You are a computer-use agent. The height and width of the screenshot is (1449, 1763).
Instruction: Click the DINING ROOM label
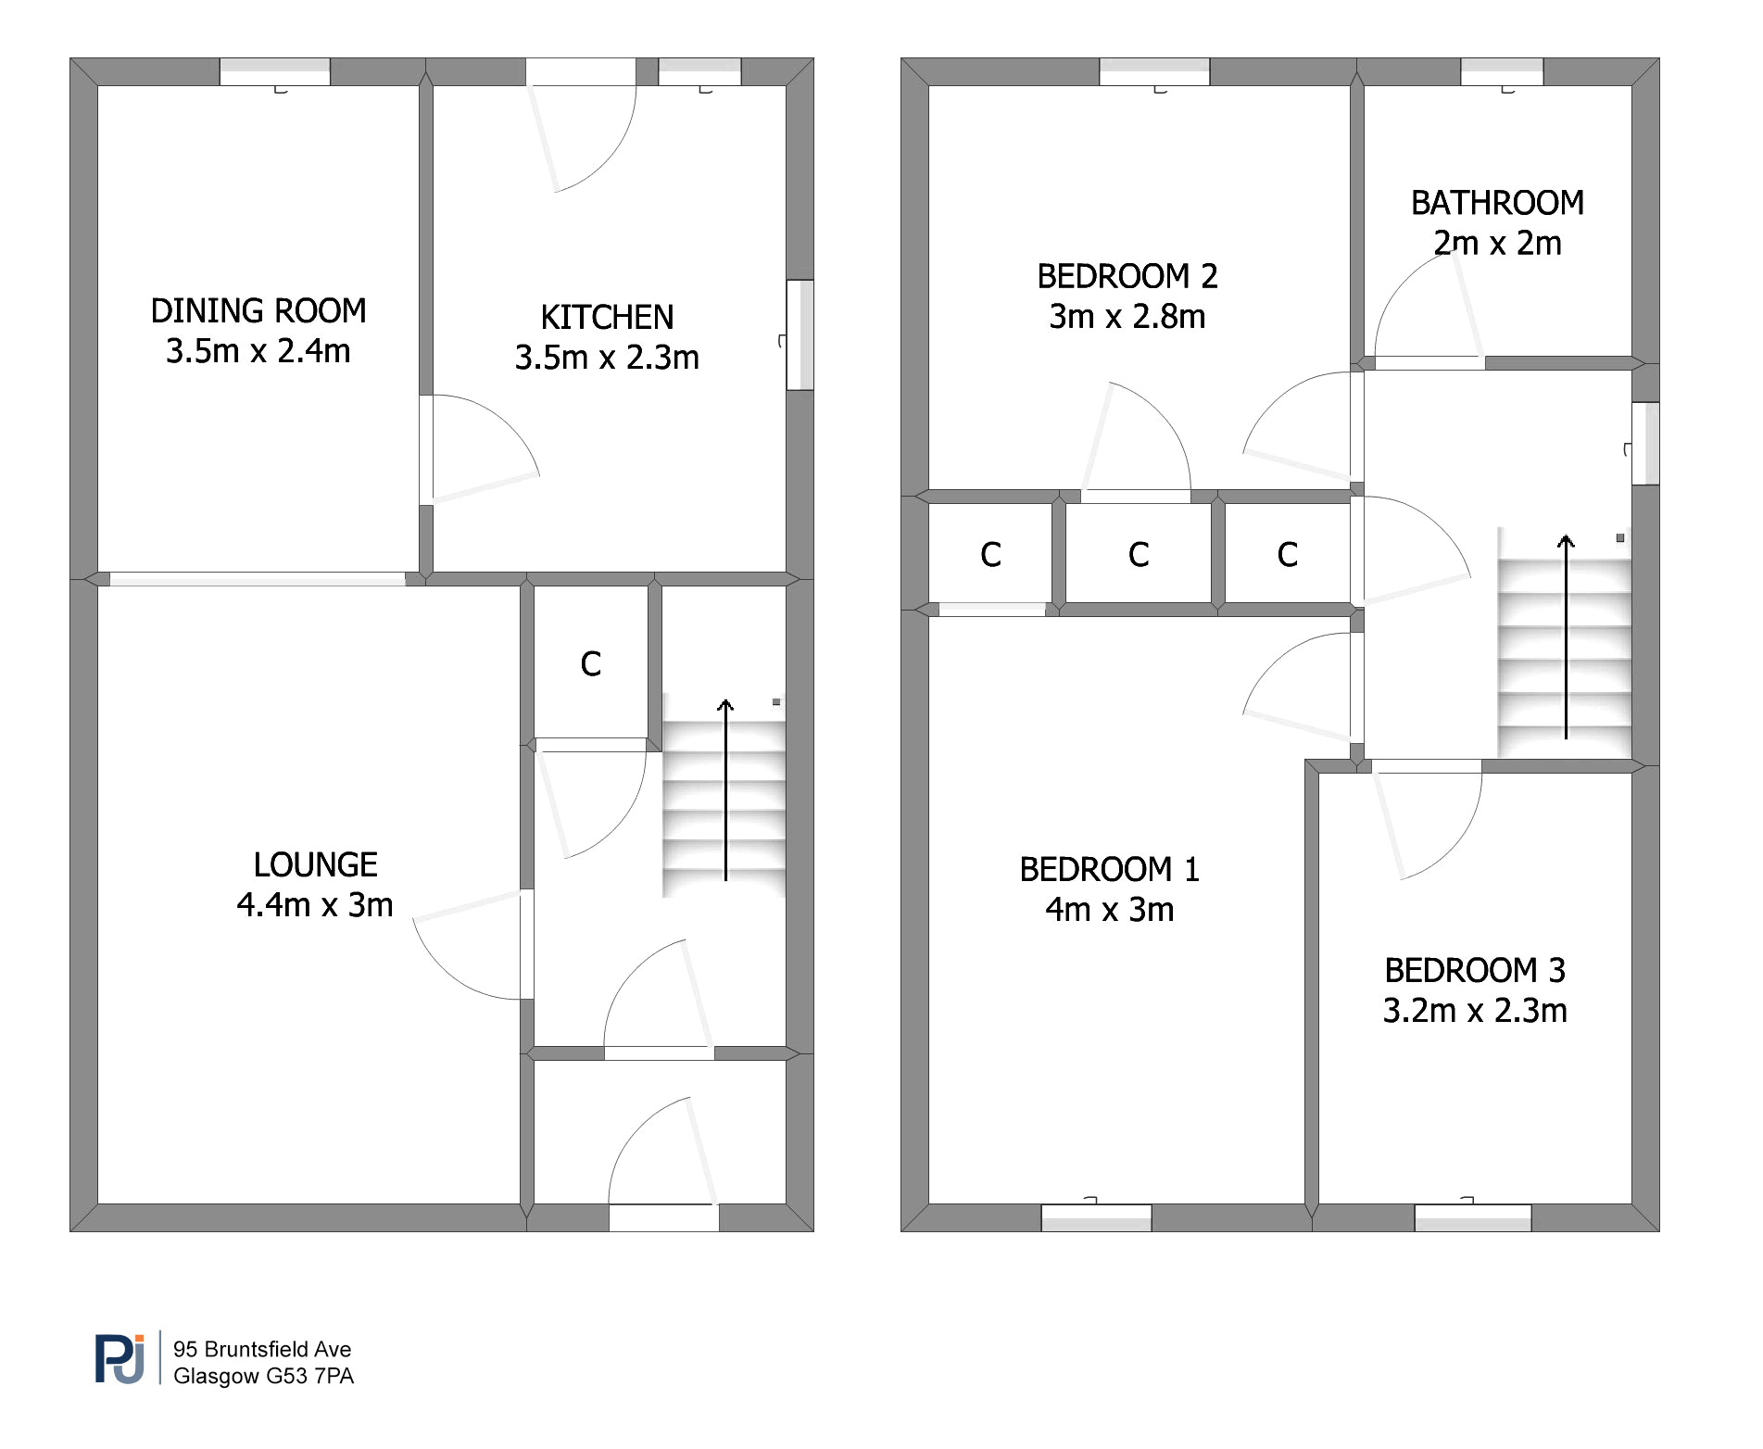258,310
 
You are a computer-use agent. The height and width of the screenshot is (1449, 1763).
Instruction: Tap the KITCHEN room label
607,317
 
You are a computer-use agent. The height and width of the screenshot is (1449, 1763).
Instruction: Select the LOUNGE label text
315,864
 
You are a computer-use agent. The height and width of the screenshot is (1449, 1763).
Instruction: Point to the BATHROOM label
1497,203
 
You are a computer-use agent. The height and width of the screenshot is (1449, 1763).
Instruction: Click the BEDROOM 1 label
1110,869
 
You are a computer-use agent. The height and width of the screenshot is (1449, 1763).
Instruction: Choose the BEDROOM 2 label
1127,276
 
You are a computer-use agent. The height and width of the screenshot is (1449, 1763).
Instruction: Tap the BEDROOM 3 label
1475,970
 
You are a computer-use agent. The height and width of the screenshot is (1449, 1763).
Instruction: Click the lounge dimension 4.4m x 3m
315,904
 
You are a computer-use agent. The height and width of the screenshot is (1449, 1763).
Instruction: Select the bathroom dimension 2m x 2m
1497,243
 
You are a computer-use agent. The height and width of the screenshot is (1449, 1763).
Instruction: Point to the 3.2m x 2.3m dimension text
1475,1010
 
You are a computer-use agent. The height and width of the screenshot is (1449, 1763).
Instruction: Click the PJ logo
120,1359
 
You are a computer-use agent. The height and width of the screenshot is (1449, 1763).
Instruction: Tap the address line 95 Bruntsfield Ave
262,1349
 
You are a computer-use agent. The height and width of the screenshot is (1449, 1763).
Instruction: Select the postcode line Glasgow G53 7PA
264,1376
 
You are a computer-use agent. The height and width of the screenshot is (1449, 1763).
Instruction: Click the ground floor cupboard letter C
591,663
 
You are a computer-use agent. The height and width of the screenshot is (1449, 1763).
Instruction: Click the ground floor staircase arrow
725,789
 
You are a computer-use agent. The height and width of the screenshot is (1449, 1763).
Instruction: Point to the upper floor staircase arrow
1566,636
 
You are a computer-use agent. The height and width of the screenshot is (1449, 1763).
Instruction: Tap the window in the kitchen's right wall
800,334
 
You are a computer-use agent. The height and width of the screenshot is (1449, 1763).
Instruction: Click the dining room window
275,72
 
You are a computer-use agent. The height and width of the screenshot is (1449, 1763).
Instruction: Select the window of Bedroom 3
1473,1217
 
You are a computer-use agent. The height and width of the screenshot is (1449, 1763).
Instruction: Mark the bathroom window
1503,72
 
